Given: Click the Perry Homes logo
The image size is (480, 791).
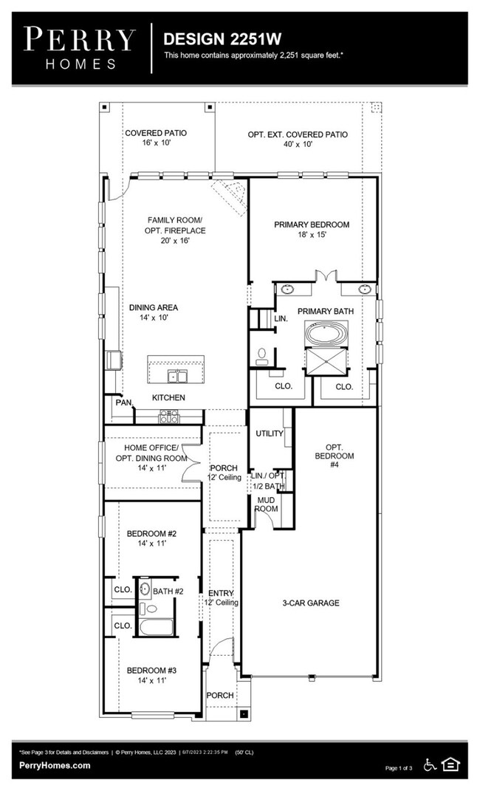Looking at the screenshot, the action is click(x=80, y=48).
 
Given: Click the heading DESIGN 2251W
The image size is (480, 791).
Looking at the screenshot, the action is click(x=222, y=39).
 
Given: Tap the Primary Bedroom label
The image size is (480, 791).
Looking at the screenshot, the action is click(x=312, y=229).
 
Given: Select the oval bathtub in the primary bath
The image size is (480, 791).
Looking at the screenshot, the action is click(x=326, y=335).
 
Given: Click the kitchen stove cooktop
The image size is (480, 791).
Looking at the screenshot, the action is click(x=169, y=416).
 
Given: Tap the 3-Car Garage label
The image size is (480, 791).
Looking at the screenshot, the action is click(x=311, y=603).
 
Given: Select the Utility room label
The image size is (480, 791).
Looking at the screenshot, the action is click(x=270, y=434).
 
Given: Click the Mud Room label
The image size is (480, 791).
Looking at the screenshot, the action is click(x=267, y=504).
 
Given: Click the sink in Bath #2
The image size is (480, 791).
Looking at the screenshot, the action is click(x=145, y=588).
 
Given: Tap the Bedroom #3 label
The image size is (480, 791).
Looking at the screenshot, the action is click(x=151, y=675).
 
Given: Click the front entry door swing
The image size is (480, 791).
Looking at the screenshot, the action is click(x=222, y=648).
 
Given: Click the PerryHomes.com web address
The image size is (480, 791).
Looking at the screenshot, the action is click(x=55, y=765).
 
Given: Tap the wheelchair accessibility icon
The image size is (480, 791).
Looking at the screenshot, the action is click(x=430, y=764).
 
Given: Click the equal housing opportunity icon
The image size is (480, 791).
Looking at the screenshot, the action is click(x=450, y=764).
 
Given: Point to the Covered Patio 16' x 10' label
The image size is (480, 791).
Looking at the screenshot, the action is click(x=156, y=137).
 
